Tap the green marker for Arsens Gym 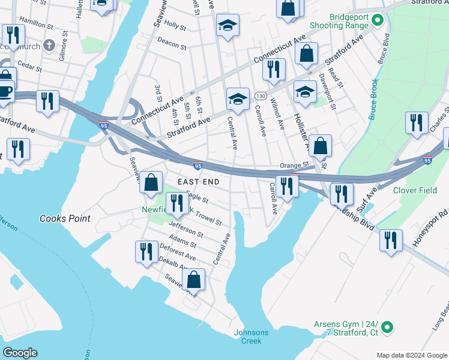388,327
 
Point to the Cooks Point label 65,218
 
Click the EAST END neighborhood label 197,181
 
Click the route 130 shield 260,96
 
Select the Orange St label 294,165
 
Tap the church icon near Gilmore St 49,45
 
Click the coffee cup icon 5,91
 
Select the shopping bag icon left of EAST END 151,182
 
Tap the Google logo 20,353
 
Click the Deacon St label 172,42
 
